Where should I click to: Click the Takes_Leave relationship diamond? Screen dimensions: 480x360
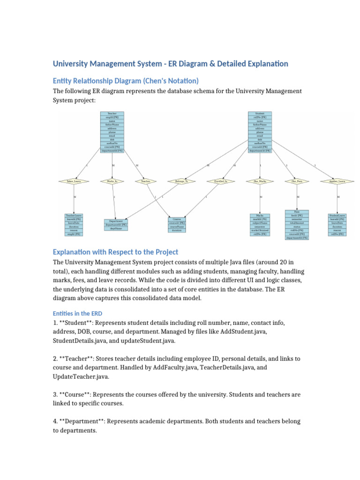74,181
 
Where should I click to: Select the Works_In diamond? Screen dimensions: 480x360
112,181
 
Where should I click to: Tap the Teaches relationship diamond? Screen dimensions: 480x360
145,181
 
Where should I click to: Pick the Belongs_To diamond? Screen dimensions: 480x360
181,181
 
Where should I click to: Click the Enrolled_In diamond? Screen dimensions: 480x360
218,181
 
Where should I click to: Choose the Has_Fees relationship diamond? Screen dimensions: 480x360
297,181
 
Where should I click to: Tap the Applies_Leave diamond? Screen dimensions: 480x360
337,181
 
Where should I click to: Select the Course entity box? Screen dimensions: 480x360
177,225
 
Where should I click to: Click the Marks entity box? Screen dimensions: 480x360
260,224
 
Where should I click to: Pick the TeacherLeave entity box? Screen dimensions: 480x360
74,224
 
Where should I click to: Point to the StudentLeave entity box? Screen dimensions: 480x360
337,224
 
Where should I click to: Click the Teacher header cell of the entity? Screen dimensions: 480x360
112,113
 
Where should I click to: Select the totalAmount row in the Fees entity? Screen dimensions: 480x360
297,223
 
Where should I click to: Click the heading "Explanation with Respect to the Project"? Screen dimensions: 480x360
116,252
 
